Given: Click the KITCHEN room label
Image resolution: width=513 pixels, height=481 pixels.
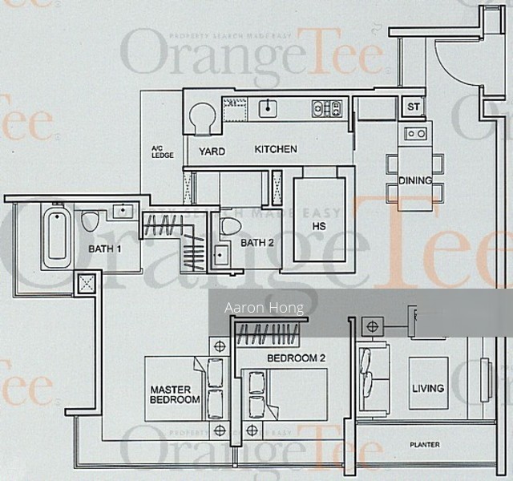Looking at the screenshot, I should click(276, 149).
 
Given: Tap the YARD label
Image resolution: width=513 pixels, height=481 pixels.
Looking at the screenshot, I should click(212, 152).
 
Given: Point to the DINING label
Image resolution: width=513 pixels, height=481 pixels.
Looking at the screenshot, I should click(415, 181).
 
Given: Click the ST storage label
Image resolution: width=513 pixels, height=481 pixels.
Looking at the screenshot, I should click(414, 107).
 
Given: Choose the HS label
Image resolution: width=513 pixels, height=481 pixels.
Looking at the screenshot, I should click(320, 227).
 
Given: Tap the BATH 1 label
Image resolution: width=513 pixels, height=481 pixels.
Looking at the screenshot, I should click(106, 249).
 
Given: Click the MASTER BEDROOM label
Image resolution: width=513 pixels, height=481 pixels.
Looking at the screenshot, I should click(175, 394).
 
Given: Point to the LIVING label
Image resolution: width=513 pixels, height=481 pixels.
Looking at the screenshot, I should click(428, 389).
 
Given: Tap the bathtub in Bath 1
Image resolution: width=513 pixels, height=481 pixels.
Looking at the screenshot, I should click(56, 236).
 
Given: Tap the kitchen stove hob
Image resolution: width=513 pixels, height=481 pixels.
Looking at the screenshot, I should click(326, 108).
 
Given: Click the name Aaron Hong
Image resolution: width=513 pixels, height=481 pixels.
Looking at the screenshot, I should click(252, 308).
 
